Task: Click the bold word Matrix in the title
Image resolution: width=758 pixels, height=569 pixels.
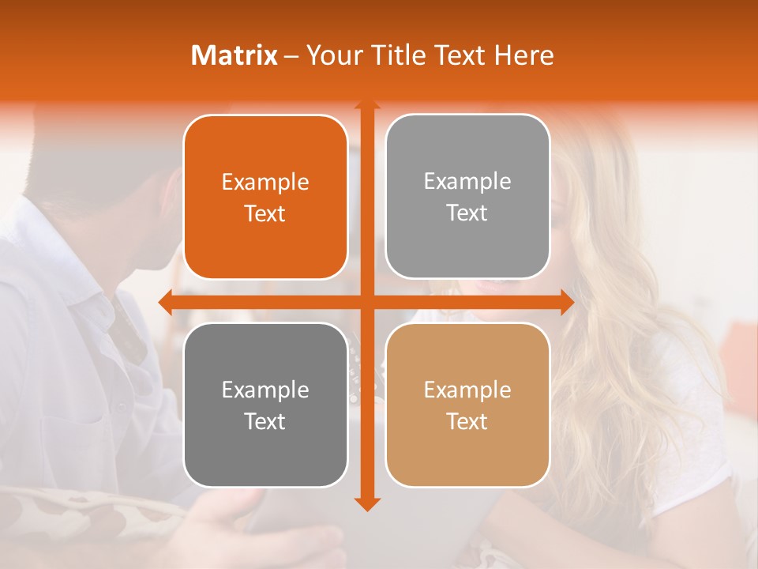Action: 234,55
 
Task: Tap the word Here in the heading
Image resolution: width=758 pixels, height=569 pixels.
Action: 524,55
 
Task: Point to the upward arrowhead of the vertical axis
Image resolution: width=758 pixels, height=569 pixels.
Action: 367,104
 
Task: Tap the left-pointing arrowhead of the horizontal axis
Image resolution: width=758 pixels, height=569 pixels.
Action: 165,302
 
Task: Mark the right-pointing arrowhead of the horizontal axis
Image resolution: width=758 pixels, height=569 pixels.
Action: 567,302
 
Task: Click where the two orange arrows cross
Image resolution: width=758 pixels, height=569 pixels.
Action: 367,302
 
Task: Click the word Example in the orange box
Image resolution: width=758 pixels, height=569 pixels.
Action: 265,183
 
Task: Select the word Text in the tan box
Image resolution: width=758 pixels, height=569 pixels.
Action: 467,421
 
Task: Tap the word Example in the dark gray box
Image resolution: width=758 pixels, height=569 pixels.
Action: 265,390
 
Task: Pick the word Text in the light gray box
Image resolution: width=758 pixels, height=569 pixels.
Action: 467,213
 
